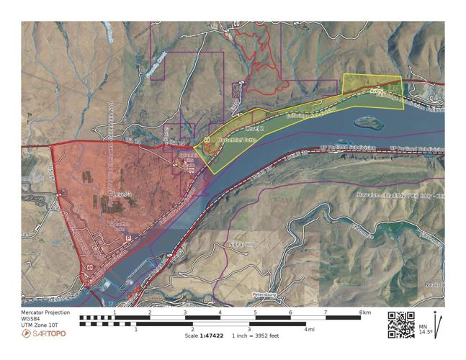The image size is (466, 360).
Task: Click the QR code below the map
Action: point(401,324)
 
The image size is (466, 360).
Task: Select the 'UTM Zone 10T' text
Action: point(42,325)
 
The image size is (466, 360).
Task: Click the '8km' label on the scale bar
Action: point(366,312)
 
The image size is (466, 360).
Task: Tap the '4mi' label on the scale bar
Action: point(309,329)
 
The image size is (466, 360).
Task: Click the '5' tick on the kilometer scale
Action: point(255,312)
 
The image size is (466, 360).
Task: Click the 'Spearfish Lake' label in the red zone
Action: point(117,226)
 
